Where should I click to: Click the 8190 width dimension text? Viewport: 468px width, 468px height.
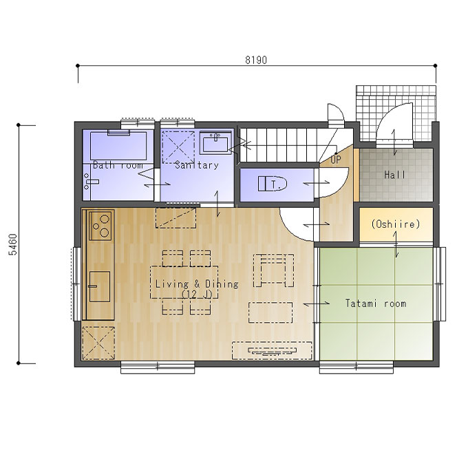point(256,60)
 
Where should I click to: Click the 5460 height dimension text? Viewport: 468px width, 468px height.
point(13,244)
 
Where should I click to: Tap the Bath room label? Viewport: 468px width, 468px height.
point(118,165)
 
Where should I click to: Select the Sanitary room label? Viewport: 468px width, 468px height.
point(197,164)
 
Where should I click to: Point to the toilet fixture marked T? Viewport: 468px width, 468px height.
point(273,184)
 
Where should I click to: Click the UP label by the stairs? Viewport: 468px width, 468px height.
point(335,160)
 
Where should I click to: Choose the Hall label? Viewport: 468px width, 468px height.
point(394,175)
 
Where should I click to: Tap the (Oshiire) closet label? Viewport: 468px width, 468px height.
point(396,224)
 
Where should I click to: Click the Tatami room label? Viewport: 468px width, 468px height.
point(376,304)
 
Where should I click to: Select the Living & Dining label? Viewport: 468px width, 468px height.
point(197,284)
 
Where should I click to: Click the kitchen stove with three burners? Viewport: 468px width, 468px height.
point(101,225)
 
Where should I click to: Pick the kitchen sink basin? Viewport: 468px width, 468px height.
point(99,286)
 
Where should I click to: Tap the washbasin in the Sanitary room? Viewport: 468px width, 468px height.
point(215,143)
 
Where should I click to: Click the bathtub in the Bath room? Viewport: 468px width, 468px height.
point(118,146)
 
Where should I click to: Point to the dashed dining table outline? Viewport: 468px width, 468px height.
point(184,282)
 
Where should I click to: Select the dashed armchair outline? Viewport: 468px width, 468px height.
point(273,270)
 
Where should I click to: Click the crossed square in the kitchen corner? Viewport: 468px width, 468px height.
point(98,343)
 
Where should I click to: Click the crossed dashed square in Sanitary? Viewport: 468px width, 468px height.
point(178,147)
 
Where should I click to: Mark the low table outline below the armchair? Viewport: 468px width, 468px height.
point(270,312)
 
